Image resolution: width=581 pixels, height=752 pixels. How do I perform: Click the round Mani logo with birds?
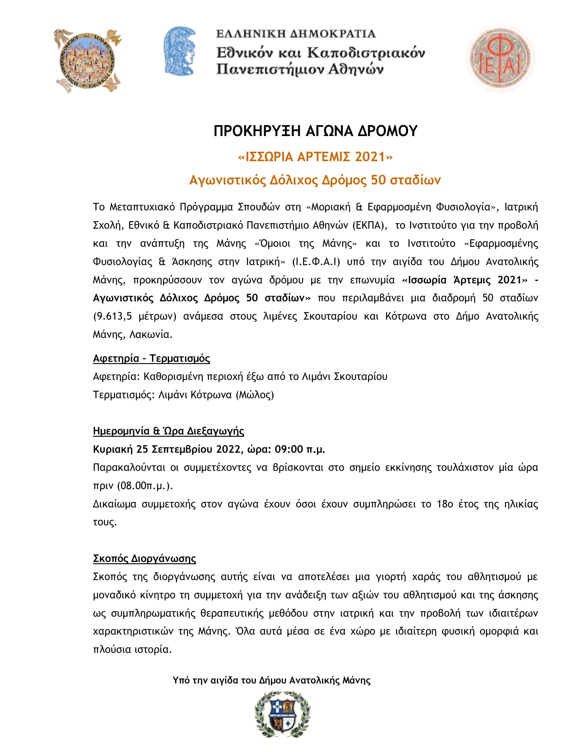[87, 61]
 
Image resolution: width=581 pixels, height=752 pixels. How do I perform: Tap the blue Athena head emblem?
[180, 51]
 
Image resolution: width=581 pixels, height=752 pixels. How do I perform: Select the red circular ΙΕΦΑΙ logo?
[499, 58]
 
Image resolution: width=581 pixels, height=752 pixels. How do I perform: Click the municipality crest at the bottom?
[282, 714]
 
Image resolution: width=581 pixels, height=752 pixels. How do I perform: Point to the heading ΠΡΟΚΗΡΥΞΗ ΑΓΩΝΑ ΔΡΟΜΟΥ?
[315, 131]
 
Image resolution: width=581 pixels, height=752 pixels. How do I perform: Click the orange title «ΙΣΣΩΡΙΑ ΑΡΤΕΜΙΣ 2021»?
[315, 157]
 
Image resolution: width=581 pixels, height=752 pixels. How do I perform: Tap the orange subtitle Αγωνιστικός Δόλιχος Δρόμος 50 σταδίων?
[315, 180]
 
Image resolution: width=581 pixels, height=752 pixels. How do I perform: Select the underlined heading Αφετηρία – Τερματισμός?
[151, 359]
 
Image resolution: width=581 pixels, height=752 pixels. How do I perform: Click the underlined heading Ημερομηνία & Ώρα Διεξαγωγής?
[168, 431]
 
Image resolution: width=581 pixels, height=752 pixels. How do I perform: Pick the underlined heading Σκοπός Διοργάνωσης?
[144, 559]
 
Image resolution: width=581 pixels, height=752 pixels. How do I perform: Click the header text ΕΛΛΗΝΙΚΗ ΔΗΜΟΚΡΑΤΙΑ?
[296, 34]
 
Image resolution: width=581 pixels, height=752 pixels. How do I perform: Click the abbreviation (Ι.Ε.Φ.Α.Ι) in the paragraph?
[316, 262]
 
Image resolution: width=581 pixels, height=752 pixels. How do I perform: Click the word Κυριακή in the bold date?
[112, 449]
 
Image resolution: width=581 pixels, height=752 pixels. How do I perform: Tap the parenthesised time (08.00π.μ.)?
[145, 486]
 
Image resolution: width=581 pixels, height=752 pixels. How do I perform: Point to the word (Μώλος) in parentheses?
[255, 395]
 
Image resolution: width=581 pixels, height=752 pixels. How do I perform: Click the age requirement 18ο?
[445, 504]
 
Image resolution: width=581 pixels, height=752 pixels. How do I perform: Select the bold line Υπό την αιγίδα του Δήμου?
[272, 680]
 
